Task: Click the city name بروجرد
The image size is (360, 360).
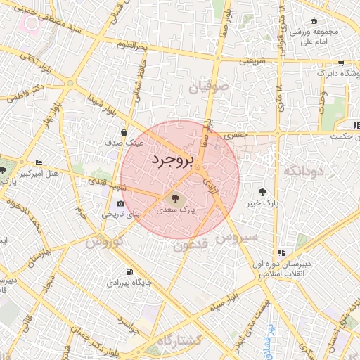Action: (x=172, y=161)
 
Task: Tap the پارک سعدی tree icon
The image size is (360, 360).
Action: (x=175, y=198)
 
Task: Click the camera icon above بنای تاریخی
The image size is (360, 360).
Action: (x=120, y=204)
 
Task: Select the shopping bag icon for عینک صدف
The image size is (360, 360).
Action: (x=124, y=131)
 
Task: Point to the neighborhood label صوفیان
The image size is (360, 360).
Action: (x=207, y=88)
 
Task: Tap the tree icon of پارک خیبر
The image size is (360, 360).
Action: (x=262, y=191)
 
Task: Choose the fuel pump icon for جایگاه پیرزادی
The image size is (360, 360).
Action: (x=128, y=272)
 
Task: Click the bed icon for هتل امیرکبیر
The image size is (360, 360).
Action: (x=38, y=162)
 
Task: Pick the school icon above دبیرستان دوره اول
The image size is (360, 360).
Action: (x=281, y=252)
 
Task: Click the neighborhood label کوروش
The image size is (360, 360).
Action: (x=105, y=242)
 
